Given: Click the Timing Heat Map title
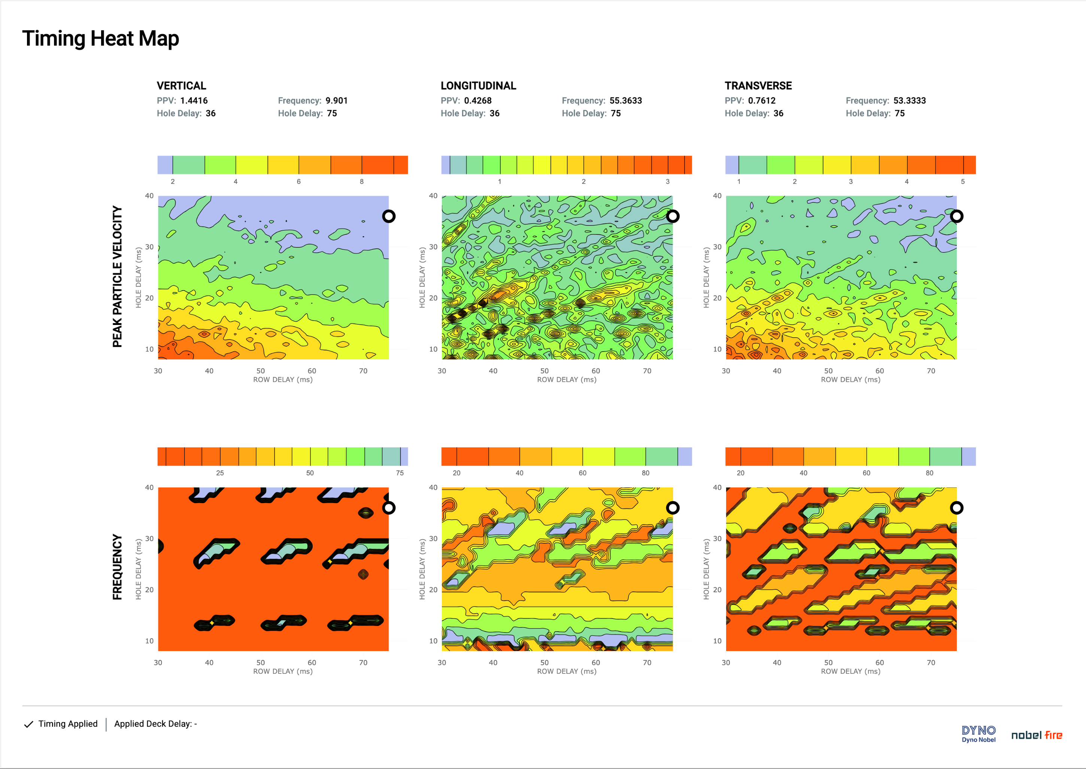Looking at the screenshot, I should click(x=100, y=38).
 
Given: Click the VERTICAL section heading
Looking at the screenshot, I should click(x=181, y=86).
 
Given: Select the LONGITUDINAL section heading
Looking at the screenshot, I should click(x=478, y=86).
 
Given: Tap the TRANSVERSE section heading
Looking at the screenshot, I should click(x=758, y=86).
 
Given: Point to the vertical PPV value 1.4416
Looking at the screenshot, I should click(x=194, y=100).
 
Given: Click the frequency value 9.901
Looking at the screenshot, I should click(x=336, y=100).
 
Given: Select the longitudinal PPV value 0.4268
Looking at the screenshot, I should click(x=477, y=100).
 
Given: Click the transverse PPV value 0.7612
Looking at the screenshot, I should click(x=762, y=100).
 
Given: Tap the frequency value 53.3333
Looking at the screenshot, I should click(x=909, y=100).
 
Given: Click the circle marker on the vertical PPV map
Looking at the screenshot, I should click(x=389, y=216).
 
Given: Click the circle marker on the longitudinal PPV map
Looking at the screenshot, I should click(x=673, y=216).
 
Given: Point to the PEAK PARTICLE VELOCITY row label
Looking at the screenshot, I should click(x=117, y=277).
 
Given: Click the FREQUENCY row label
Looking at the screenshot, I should click(x=117, y=567).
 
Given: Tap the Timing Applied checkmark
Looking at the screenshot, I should click(x=28, y=724).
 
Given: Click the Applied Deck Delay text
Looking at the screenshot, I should click(x=155, y=724).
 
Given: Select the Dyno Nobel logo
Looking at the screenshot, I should click(x=978, y=733).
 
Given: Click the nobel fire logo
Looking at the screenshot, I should click(x=1036, y=735).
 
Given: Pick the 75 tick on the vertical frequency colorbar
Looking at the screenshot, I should click(x=400, y=472).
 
